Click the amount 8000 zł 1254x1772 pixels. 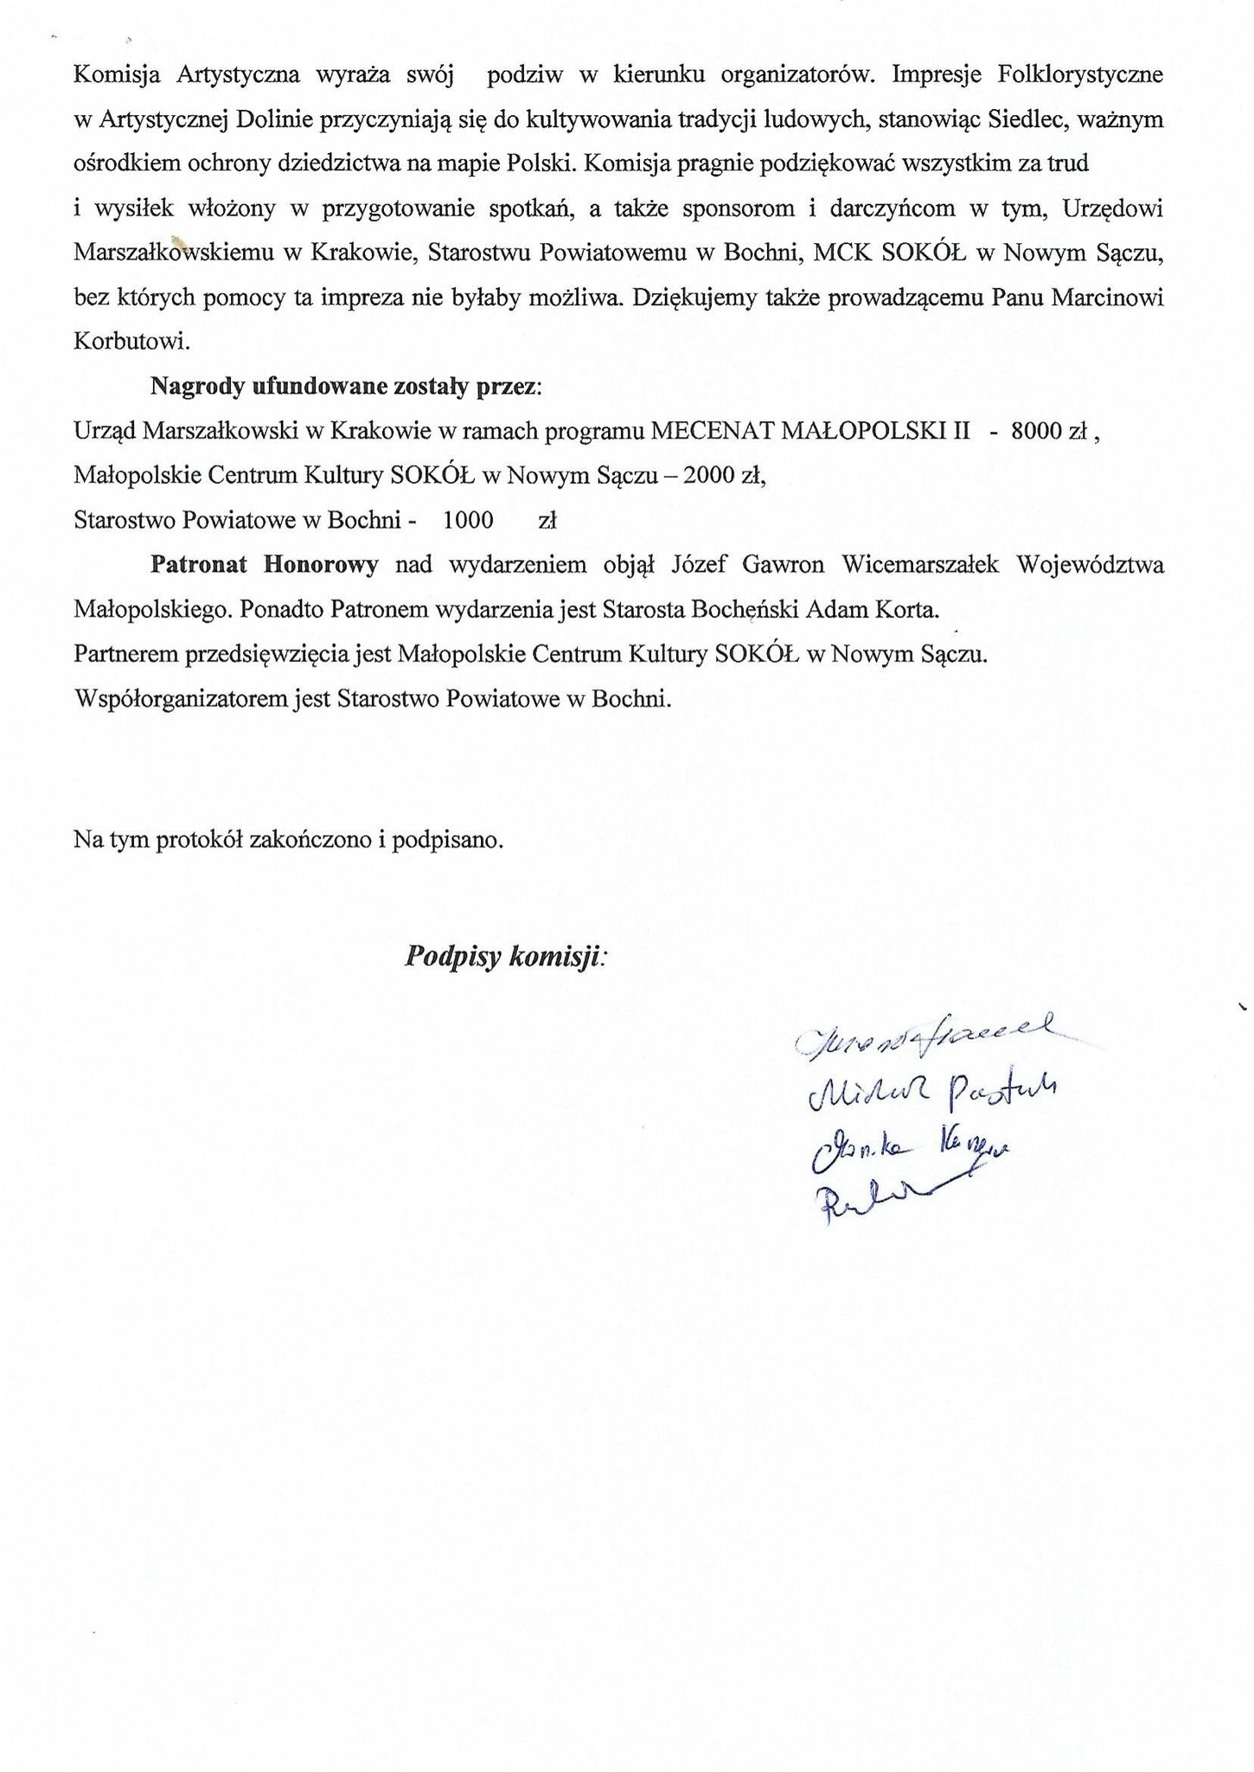coord(1047,430)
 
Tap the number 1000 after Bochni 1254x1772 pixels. coord(467,520)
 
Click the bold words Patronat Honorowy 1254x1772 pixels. coord(264,565)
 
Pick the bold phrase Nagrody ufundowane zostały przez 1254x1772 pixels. coord(345,386)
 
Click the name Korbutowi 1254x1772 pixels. coord(131,341)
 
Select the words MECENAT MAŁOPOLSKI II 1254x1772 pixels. coord(810,430)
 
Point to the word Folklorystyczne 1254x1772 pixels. coord(1079,74)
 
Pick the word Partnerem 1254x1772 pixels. coord(126,654)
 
